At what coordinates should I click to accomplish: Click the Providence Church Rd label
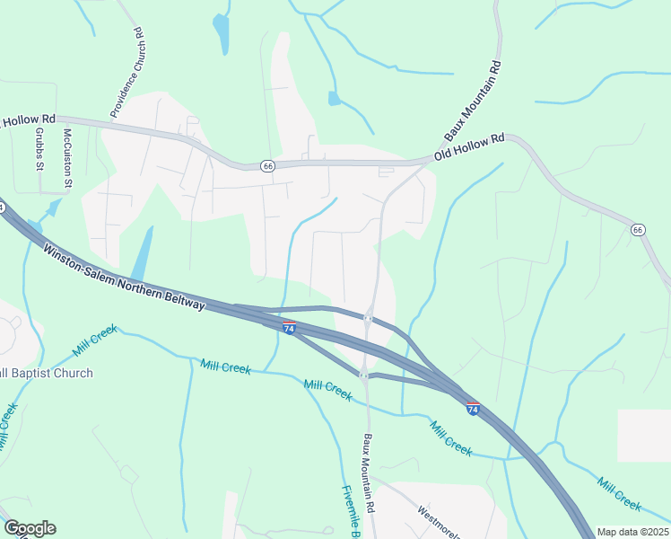[x=126, y=73]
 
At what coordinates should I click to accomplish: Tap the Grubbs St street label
[x=40, y=148]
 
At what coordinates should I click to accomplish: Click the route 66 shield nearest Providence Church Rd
[x=267, y=165]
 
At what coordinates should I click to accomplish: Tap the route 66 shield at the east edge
[x=638, y=230]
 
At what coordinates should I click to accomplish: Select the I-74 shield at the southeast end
[x=473, y=409]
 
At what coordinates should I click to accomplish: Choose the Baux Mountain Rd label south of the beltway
[x=368, y=474]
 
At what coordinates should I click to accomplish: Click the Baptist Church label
[x=45, y=373]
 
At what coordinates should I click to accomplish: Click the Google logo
[x=30, y=528]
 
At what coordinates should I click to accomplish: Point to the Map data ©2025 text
[x=632, y=532]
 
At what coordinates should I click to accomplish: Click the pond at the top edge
[x=221, y=33]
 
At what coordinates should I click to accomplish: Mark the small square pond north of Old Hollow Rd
[x=334, y=98]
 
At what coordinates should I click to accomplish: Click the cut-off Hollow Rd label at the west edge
[x=29, y=119]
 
